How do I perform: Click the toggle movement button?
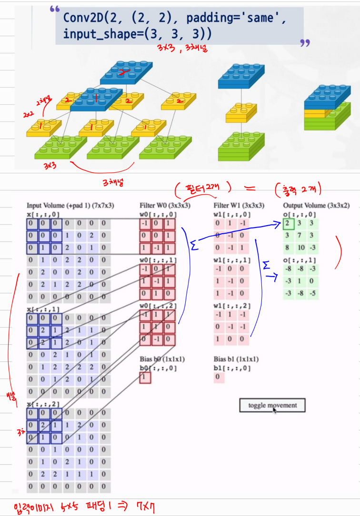pos(272,406)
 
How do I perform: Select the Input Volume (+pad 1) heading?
pos(70,206)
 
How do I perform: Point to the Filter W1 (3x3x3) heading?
pos(239,206)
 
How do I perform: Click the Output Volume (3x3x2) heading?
pos(316,206)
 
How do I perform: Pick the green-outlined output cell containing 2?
pos(288,223)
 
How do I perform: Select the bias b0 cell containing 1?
pos(145,378)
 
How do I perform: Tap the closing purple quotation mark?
pos(305,44)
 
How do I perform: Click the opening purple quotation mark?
pos(54,10)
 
